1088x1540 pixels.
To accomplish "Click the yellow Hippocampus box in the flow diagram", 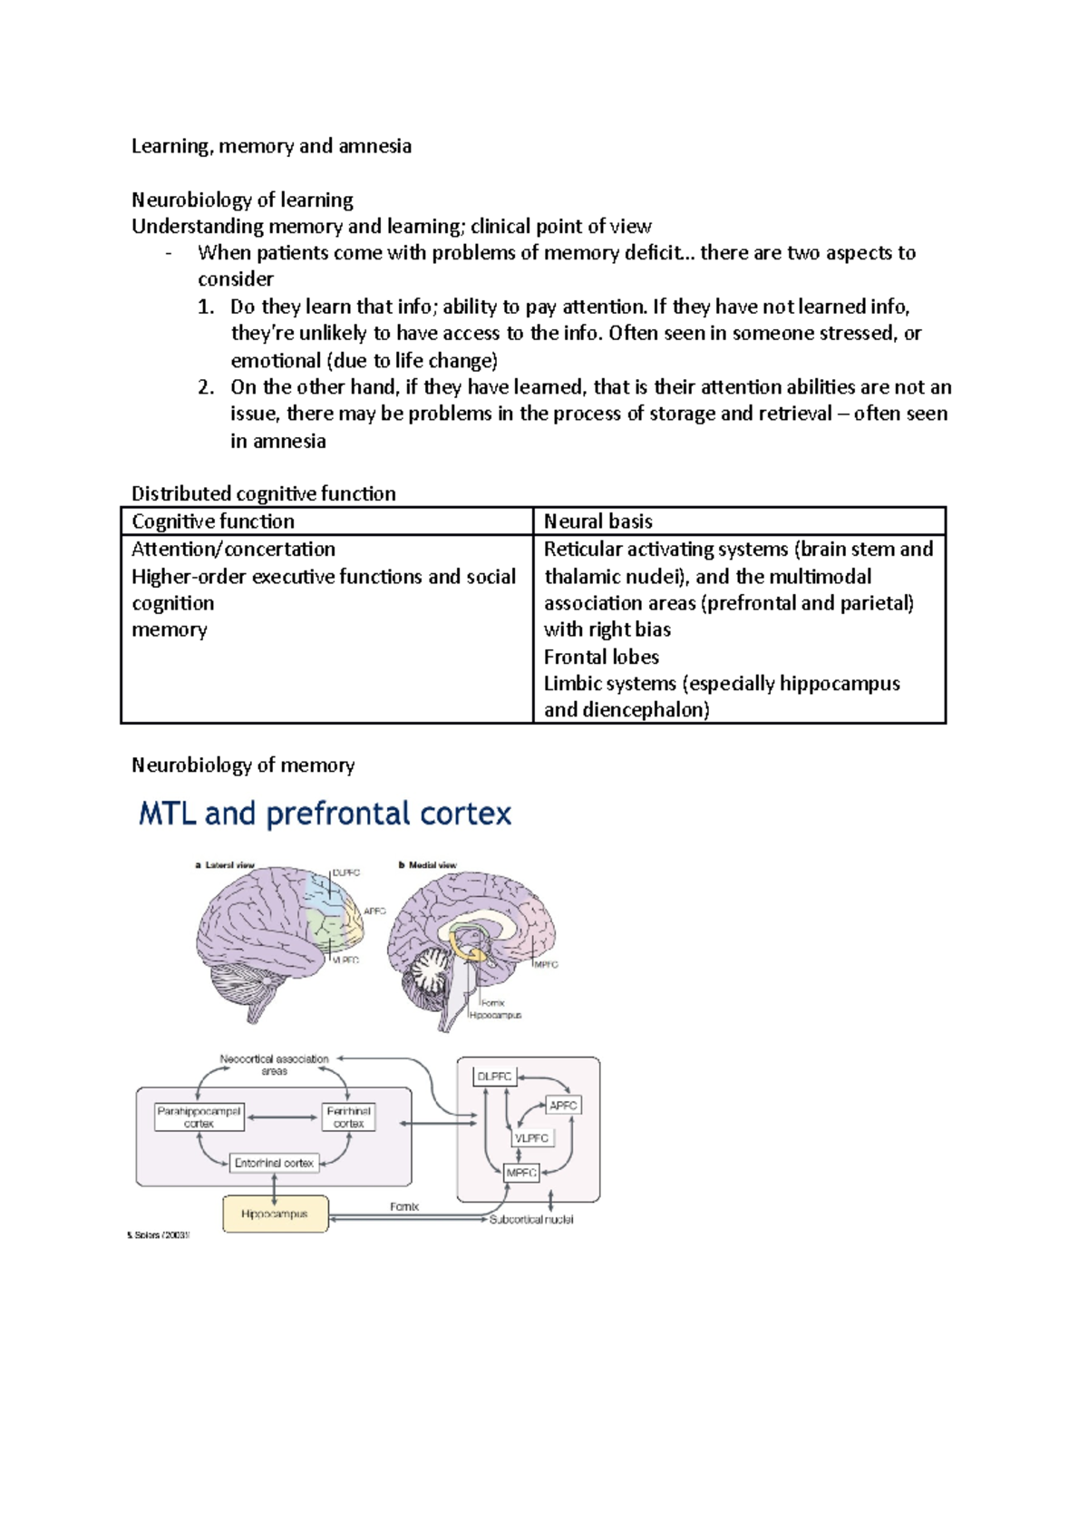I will click(275, 1214).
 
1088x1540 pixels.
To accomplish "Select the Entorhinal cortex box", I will click(274, 1163).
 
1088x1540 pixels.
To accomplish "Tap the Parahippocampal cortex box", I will click(199, 1117).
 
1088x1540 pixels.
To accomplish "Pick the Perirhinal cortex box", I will click(348, 1117).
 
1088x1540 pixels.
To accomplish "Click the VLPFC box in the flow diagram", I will click(531, 1138).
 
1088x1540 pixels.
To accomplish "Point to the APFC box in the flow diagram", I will click(563, 1106).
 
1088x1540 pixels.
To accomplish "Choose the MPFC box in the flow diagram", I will click(521, 1173).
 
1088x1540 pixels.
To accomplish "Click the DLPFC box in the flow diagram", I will click(495, 1077).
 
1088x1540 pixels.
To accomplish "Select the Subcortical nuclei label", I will click(531, 1220).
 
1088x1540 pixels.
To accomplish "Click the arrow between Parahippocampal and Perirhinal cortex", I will click(283, 1117).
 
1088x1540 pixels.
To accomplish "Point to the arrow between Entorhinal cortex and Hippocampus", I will click(274, 1185).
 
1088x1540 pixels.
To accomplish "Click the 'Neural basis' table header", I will click(598, 521).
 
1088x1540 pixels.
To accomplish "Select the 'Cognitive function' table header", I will click(213, 521).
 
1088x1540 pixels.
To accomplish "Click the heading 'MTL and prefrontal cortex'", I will click(325, 814).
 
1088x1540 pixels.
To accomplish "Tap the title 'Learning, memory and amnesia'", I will click(271, 146).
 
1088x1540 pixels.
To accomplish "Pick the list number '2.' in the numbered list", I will click(206, 387).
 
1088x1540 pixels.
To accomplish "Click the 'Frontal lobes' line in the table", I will click(601, 657).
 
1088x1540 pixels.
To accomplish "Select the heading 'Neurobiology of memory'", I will click(243, 765).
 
